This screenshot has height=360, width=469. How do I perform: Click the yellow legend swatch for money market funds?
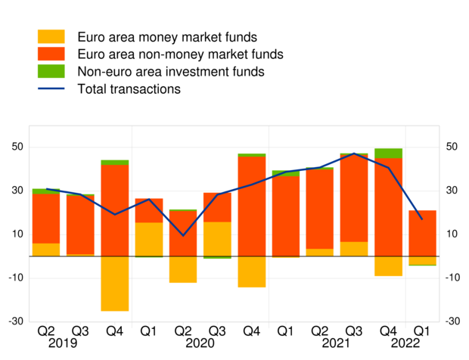[51, 37]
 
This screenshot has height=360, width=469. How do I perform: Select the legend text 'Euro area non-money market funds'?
[180, 54]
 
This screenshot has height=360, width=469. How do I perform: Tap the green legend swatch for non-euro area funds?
[51, 72]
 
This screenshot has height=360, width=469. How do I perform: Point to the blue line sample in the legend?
[51, 89]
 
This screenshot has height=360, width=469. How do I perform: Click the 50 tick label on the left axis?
[15, 147]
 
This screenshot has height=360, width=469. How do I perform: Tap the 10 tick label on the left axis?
[15, 234]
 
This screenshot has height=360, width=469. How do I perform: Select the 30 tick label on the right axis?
[452, 191]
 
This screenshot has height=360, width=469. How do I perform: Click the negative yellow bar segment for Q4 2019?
[114, 284]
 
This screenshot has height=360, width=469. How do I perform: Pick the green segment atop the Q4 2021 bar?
[388, 153]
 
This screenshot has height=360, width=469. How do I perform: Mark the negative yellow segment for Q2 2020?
[183, 269]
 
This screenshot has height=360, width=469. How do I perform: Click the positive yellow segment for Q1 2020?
[149, 239]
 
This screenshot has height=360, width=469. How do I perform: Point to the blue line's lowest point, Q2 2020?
[183, 235]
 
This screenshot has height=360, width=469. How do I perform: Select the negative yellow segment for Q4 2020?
[251, 272]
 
